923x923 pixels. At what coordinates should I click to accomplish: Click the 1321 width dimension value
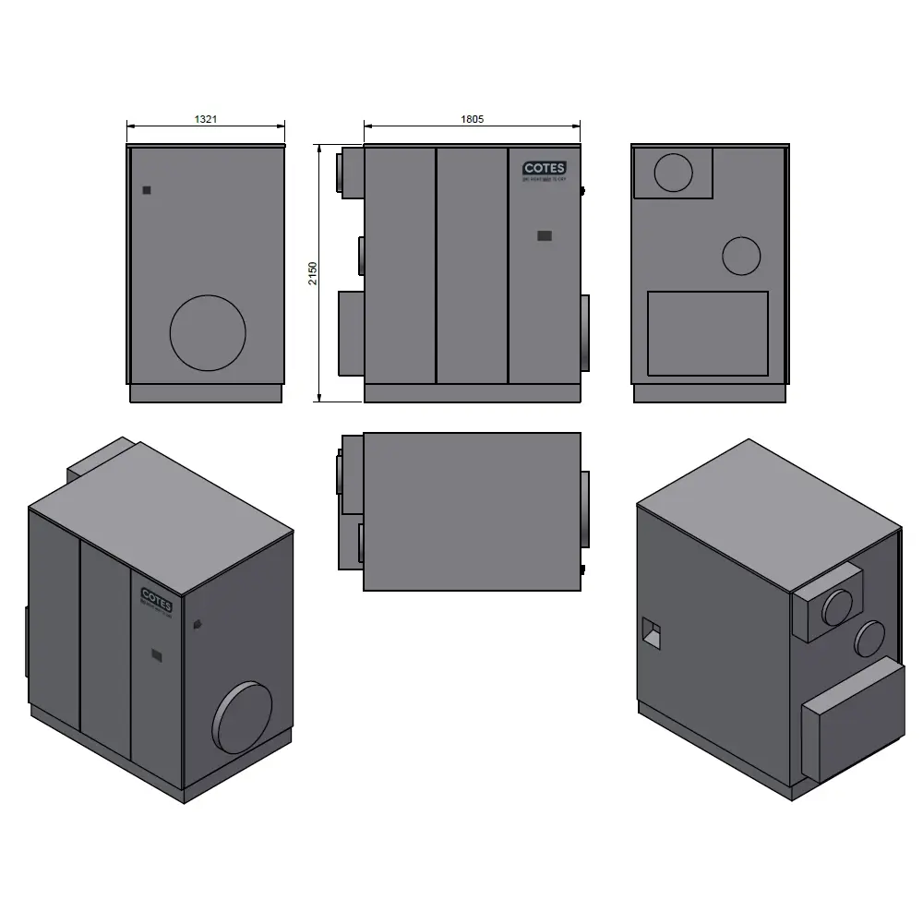205,119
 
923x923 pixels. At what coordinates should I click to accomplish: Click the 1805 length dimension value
472,119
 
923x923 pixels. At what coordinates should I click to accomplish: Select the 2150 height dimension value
313,273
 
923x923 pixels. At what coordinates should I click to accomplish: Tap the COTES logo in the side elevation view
545,169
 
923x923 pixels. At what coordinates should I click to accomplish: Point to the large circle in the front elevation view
209,333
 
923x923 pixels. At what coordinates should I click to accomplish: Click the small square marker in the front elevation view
147,190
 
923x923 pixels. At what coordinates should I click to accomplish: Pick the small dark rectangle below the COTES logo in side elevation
545,235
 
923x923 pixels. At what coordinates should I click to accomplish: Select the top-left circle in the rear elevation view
673,173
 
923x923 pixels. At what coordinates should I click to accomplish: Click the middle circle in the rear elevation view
741,256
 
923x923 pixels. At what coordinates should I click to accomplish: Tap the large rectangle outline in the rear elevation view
708,333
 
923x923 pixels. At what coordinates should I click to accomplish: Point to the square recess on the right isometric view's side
652,632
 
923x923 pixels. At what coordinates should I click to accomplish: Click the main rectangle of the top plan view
472,511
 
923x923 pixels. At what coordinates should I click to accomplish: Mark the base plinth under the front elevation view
205,394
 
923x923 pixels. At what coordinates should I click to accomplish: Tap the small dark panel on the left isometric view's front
157,655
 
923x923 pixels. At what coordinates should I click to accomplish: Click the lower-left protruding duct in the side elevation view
352,333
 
